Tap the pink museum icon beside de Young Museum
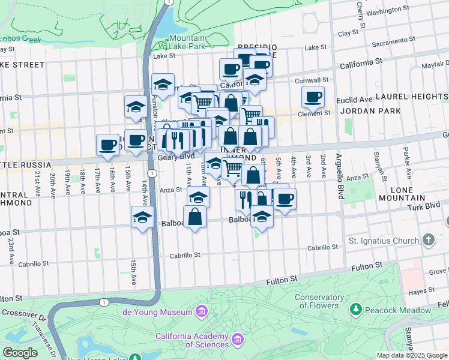pos(202,311)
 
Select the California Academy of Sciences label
pos(189,340)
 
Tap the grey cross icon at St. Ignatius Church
pos(428,241)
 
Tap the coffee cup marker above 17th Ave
pos(107,145)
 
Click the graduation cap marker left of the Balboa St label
pos(143,217)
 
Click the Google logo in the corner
pos(20,353)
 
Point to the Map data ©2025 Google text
pos(411,355)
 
